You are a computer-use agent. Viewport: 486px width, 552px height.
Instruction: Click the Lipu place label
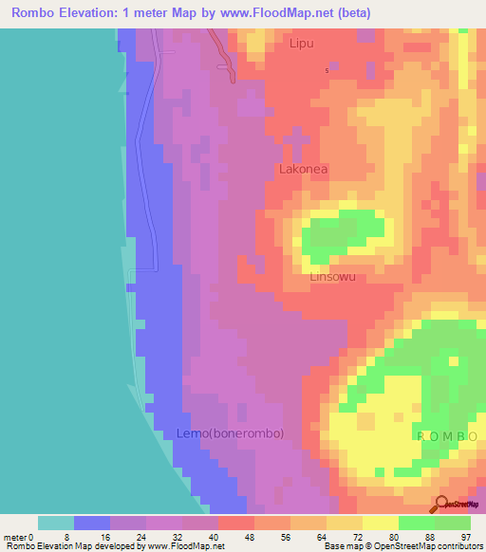pyautogui.click(x=301, y=44)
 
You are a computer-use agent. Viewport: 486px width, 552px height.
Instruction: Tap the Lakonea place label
pyautogui.click(x=303, y=170)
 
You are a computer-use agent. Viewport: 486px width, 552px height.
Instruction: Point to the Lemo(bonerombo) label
pyautogui.click(x=230, y=433)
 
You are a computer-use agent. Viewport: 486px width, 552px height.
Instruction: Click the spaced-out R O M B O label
pyautogui.click(x=446, y=435)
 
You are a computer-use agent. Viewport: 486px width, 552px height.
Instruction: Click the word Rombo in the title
pyautogui.click(x=37, y=13)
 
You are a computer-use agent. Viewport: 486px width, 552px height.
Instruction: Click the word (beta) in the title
pyautogui.click(x=350, y=13)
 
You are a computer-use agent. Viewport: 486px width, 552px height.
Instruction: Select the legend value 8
pyautogui.click(x=73, y=536)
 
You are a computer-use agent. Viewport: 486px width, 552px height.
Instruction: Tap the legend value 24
pyautogui.click(x=145, y=536)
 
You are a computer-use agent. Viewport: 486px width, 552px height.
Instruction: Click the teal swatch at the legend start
pyautogui.click(x=55, y=523)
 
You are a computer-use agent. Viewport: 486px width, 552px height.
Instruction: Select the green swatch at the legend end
pyautogui.click(x=452, y=523)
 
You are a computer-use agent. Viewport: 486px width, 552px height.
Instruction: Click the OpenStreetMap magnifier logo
pyautogui.click(x=441, y=503)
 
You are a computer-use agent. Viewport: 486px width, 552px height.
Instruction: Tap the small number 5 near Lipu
pyautogui.click(x=327, y=71)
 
